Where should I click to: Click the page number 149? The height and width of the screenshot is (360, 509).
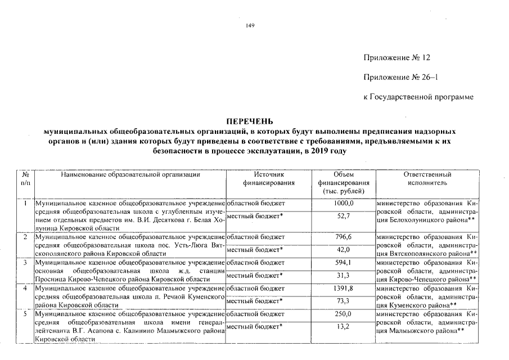click(251, 26)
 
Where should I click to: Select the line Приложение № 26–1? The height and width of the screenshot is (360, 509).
click(400, 78)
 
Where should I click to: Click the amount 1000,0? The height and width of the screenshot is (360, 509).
click(343, 203)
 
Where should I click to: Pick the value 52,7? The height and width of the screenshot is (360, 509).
click(343, 217)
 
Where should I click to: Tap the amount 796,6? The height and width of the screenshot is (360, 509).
click(343, 237)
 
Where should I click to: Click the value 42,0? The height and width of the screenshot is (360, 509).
click(343, 250)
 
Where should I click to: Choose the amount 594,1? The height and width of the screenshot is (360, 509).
click(343, 263)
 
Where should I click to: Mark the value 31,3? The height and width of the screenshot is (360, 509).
click(343, 275)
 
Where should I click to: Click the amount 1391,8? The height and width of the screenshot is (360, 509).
click(343, 288)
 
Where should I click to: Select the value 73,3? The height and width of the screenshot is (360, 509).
click(343, 301)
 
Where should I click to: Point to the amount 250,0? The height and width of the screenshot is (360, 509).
click(343, 313)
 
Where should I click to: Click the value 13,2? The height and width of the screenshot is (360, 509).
click(343, 326)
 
